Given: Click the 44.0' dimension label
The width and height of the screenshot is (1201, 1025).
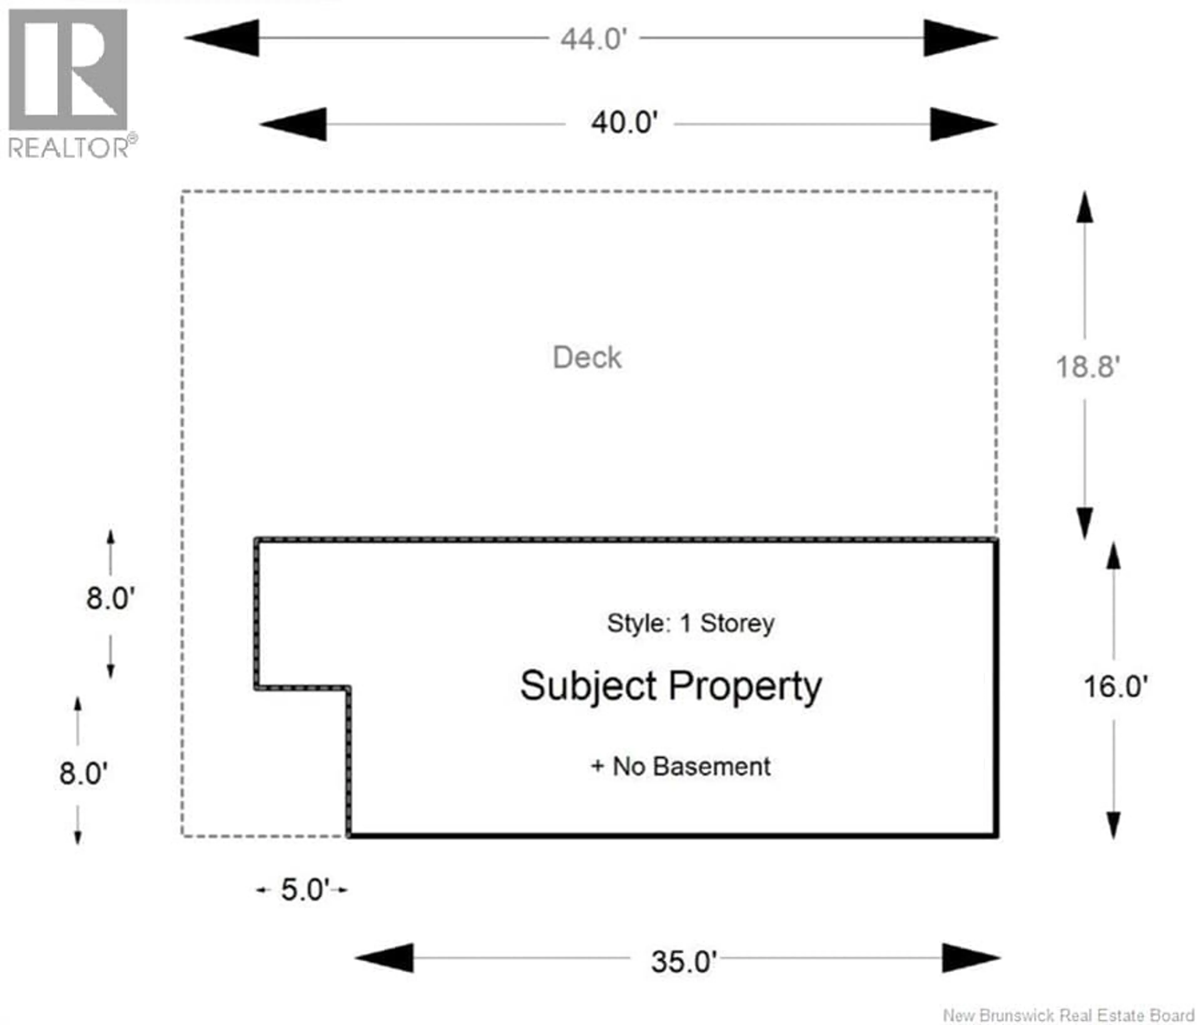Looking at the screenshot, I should (x=594, y=39).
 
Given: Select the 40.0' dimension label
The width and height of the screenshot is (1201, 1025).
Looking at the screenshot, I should (x=624, y=124).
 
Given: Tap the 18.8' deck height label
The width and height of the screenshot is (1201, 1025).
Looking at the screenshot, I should (x=1087, y=367).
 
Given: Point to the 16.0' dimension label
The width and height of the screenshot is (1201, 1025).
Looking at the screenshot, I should (x=1115, y=687).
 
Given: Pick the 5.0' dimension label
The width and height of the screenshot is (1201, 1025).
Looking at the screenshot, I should (x=305, y=890).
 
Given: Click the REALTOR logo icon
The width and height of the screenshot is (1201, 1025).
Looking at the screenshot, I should (x=68, y=69).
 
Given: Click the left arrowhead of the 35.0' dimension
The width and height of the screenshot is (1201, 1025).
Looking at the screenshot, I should (x=385, y=958).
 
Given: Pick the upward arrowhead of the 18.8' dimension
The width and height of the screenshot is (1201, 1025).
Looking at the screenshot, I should (x=1084, y=208).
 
